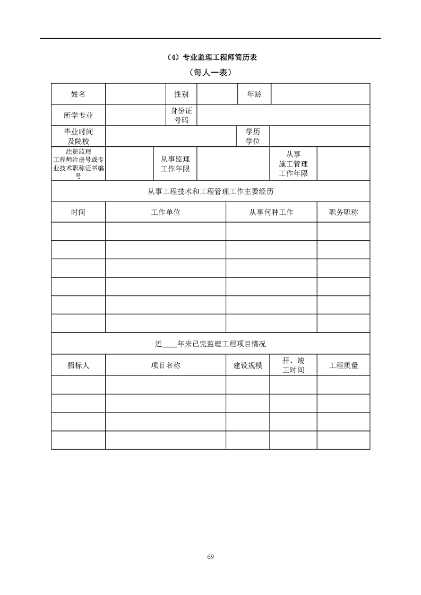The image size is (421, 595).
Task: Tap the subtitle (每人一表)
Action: tap(210, 72)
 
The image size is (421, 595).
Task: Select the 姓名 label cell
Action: tap(78, 94)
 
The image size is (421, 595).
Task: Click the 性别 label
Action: tap(181, 94)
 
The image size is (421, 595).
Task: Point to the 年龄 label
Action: tap(254, 94)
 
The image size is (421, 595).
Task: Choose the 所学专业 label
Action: tap(78, 115)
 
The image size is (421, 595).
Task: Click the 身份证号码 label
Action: tap(181, 115)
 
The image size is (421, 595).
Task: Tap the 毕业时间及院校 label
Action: tap(78, 136)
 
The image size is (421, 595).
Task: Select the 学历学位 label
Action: tap(253, 136)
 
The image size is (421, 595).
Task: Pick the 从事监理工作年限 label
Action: tap(175, 164)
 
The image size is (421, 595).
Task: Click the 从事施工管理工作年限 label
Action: tap(293, 164)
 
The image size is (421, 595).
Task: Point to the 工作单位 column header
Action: tap(166, 212)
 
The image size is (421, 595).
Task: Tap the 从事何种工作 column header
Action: tap(271, 212)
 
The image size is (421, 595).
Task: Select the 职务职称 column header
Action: tap(343, 212)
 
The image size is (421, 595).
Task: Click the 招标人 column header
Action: tap(78, 365)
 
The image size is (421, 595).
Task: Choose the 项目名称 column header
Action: tap(166, 365)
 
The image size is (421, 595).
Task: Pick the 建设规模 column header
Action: tap(248, 365)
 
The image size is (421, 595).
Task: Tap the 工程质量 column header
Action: tap(343, 365)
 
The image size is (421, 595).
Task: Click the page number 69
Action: tap(211, 556)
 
